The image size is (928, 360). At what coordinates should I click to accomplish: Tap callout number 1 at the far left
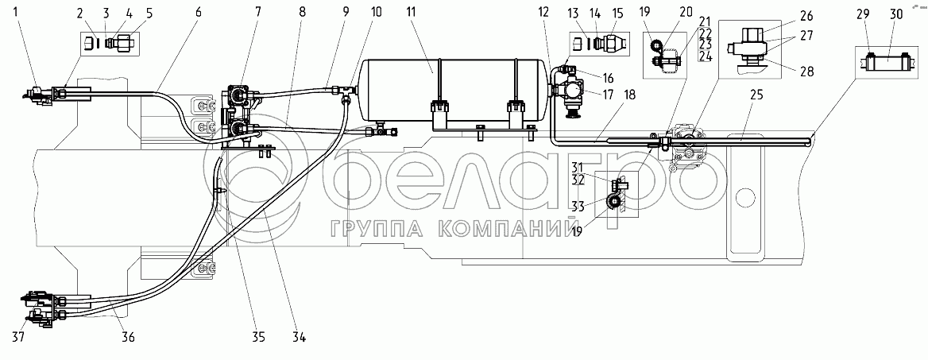[7, 13]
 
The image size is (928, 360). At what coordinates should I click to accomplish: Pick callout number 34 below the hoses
[299, 338]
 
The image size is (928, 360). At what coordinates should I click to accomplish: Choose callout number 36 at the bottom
[128, 338]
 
